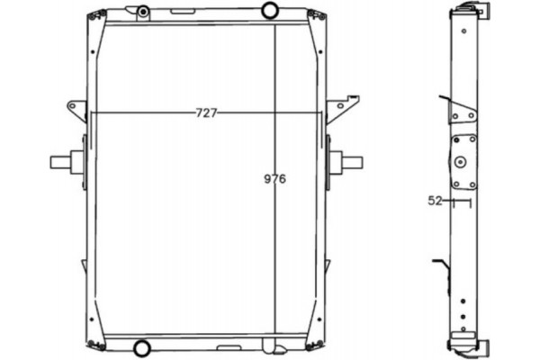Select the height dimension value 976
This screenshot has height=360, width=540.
[x=274, y=179]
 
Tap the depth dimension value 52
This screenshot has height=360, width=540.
[x=436, y=201]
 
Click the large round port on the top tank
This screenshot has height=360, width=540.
[x=270, y=10]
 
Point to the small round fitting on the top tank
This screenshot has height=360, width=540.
[x=143, y=12]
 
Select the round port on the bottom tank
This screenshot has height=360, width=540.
[x=141, y=348]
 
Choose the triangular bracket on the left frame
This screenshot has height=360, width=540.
[x=76, y=111]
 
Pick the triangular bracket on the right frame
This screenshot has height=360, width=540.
[x=338, y=108]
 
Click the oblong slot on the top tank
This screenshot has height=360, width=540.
[x=183, y=12]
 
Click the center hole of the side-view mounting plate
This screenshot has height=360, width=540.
[x=462, y=162]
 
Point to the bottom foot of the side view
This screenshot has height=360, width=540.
[x=470, y=346]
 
